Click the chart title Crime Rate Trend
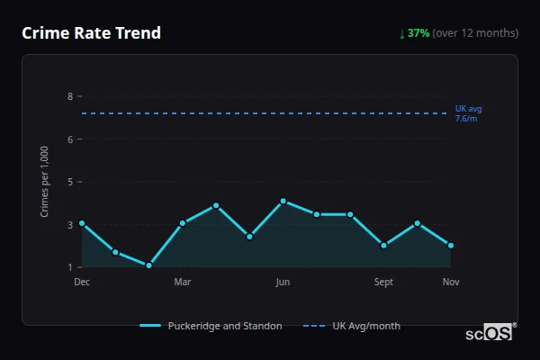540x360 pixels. click(91, 33)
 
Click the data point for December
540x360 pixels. click(82, 223)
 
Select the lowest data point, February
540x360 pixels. click(148, 265)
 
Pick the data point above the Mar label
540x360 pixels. click(183, 223)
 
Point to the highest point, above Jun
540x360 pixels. click(283, 201)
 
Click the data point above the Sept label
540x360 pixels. click(383, 245)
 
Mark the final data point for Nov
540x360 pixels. click(451, 245)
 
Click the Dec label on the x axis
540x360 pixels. click(82, 282)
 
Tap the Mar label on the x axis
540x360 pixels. click(183, 282)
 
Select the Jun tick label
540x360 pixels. click(283, 282)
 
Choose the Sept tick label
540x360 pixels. click(383, 282)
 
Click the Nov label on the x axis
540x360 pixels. click(451, 282)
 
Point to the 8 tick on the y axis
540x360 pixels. click(69, 96)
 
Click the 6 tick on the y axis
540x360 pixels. click(69, 139)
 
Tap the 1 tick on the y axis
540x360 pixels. click(69, 267)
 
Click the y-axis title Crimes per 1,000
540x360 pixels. click(45, 181)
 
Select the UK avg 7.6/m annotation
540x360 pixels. click(468, 113)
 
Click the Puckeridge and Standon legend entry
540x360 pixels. click(211, 326)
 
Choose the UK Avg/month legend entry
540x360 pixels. click(353, 326)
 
